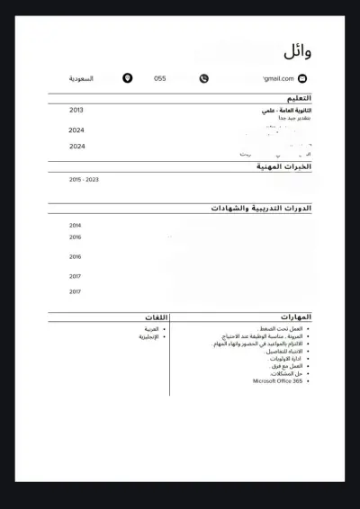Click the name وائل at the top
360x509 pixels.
point(298,51)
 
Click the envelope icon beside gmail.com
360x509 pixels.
point(302,79)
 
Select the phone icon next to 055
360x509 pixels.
point(204,79)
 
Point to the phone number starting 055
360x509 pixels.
point(160,79)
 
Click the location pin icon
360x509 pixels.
point(128,79)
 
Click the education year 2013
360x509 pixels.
point(76,110)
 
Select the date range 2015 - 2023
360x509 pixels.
point(84,180)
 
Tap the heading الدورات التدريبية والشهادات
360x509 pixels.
point(262,208)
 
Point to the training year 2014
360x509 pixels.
point(76,226)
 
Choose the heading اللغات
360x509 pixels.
point(155,317)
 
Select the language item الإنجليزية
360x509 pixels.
point(148,337)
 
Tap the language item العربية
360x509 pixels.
point(150,329)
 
